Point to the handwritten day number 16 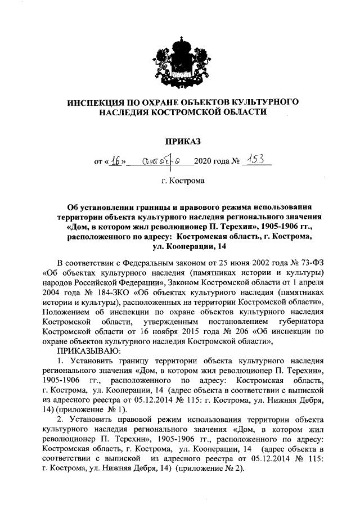[115, 161]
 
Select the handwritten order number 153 [254, 160]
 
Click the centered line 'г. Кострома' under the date [179, 182]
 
